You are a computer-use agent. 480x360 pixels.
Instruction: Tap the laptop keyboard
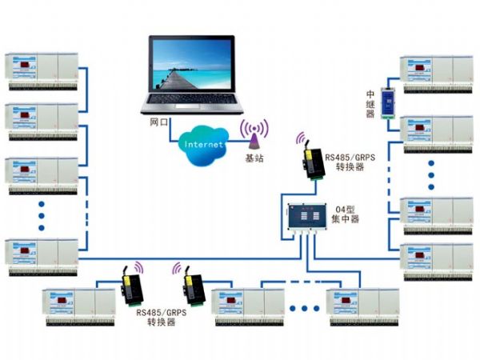tap(186, 104)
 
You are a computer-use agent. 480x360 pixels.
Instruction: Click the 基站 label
tap(254, 158)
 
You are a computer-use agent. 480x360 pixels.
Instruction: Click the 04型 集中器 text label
tap(346, 215)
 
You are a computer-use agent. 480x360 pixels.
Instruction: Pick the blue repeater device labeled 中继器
tap(389, 100)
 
